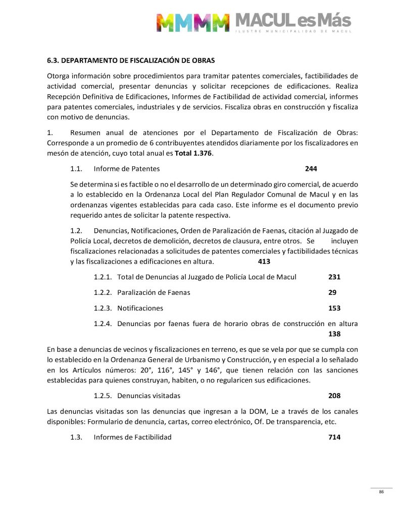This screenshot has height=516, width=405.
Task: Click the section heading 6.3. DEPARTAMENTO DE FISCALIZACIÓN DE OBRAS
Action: pyautogui.click(x=131, y=60)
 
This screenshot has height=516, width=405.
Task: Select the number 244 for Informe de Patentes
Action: pyautogui.click(x=311, y=168)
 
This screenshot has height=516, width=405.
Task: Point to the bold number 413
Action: pyautogui.click(x=264, y=262)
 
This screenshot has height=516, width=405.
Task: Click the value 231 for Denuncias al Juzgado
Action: pyautogui.click(x=334, y=277)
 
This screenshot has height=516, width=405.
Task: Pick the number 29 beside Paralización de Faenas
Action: pyautogui.click(x=332, y=292)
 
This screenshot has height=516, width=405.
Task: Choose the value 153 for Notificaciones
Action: pyautogui.click(x=334, y=308)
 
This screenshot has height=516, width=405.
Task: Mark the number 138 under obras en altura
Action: pyautogui.click(x=334, y=334)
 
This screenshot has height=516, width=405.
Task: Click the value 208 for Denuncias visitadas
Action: pyautogui.click(x=334, y=396)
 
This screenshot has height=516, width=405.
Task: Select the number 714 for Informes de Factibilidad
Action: pyautogui.click(x=334, y=437)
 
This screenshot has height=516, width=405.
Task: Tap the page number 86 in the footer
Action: pyautogui.click(x=381, y=492)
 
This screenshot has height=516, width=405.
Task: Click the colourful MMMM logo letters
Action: pyautogui.click(x=192, y=23)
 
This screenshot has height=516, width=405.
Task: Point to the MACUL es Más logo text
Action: pyautogui.click(x=293, y=21)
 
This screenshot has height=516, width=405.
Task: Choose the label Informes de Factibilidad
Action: pyautogui.click(x=132, y=437)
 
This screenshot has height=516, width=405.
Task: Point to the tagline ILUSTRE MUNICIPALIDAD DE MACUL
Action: pyautogui.click(x=293, y=32)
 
